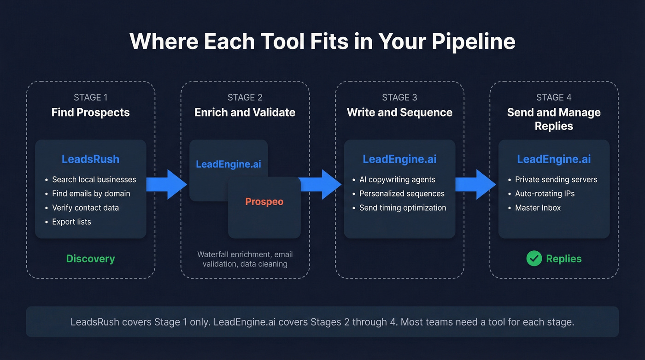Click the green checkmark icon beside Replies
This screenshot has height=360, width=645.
click(534, 259)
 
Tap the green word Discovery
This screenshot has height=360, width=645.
click(90, 259)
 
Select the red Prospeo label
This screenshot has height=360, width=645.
click(264, 201)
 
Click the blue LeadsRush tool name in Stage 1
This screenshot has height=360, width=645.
click(90, 159)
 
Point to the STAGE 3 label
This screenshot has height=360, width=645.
click(399, 97)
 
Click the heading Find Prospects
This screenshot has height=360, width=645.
click(90, 112)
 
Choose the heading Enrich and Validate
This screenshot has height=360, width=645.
click(245, 112)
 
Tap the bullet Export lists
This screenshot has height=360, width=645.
click(71, 222)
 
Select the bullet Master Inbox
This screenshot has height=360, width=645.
click(538, 208)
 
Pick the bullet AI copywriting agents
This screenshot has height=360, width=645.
click(397, 180)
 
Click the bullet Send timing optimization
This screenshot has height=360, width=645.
click(403, 208)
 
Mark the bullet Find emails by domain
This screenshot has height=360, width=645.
click(91, 194)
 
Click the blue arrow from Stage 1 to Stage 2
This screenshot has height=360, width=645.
click(166, 184)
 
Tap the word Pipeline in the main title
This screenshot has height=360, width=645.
click(473, 41)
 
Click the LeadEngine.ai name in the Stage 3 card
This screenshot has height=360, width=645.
click(399, 159)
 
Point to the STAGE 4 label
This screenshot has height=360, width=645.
click(554, 97)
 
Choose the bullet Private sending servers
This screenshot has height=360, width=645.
click(556, 180)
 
